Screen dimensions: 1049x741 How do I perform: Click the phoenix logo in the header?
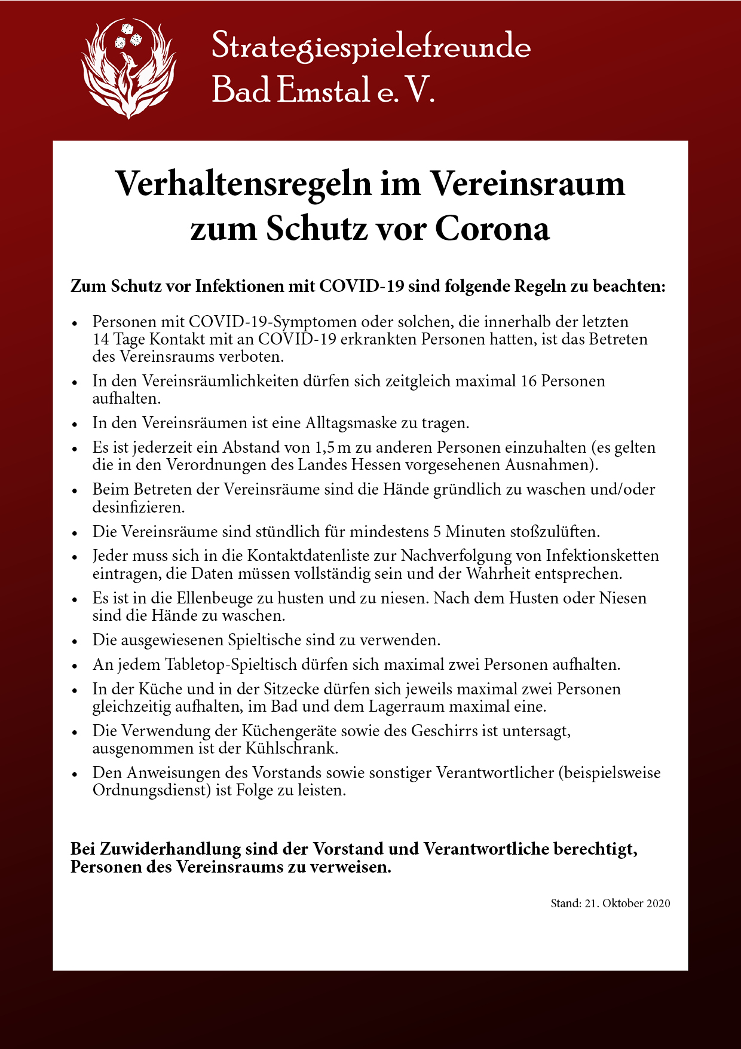click(128, 67)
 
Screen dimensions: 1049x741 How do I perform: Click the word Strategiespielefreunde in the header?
click(371, 46)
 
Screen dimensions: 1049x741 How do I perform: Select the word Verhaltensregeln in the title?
click(243, 184)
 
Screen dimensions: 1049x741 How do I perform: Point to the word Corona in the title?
click(492, 228)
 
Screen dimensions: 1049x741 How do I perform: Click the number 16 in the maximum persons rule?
click(528, 381)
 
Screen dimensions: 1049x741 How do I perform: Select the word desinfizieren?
click(138, 507)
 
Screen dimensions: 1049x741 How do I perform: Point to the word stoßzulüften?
click(555, 532)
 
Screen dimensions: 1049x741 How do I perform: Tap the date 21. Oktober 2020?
click(627, 903)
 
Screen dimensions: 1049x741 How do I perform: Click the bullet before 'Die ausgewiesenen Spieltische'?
click(75, 641)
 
